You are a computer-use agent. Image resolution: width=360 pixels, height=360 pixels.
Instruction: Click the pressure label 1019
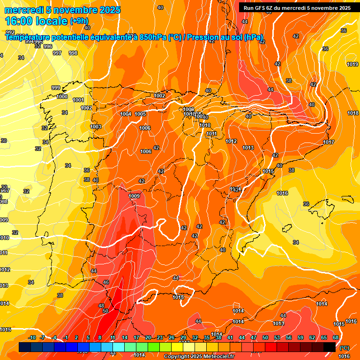coord(352,64)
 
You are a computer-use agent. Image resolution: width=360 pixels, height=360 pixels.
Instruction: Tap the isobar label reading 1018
coord(353,113)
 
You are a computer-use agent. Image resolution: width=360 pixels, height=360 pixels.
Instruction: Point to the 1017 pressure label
coord(329,142)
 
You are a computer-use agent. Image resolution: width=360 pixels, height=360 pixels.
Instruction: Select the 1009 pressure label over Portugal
coord(134,196)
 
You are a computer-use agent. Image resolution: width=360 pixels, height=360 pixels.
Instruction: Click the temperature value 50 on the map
coord(105,311)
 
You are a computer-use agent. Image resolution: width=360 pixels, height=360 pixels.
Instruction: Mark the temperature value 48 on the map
coord(101,306)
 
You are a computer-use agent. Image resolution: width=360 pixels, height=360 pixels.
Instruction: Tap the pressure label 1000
coord(62,97)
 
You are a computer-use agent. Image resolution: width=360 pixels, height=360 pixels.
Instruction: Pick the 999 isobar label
coord(56,88)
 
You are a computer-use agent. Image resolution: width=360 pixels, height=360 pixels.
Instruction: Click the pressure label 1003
coord(96,127)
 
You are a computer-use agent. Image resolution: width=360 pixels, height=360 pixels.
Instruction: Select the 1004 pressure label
coord(126,114)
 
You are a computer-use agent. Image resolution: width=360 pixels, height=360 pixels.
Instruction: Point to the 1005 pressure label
coord(140,114)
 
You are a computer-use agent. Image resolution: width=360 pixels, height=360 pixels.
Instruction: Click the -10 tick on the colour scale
coord(32,337)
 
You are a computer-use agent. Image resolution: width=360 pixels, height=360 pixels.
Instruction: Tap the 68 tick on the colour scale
coord(336,337)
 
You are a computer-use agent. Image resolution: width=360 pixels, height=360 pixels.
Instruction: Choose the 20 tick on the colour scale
coord(148,337)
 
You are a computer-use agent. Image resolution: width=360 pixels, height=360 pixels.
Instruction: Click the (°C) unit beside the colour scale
coord(345,348)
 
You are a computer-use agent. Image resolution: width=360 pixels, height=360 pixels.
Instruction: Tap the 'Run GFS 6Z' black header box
coord(297,7)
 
